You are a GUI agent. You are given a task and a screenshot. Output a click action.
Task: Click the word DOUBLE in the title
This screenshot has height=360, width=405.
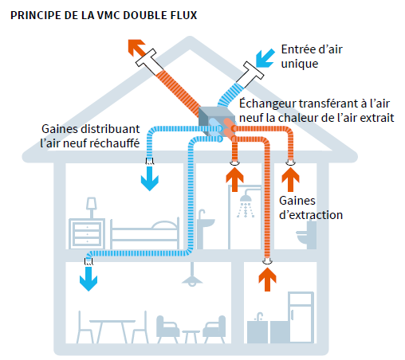[145, 15]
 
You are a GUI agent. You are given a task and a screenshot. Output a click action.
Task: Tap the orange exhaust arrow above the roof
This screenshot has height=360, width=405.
[136, 48]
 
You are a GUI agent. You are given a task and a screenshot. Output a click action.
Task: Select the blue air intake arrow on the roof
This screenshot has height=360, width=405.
[265, 58]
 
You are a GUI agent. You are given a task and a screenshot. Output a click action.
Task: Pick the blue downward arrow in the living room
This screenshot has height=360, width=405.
[88, 279]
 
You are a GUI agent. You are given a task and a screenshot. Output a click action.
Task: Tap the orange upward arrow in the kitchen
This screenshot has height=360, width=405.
[267, 280]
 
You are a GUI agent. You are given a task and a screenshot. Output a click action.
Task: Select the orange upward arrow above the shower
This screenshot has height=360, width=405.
[234, 180]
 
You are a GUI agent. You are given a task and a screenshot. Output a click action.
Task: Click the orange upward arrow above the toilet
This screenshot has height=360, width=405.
[290, 180]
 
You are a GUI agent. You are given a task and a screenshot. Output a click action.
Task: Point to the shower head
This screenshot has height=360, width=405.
[246, 197]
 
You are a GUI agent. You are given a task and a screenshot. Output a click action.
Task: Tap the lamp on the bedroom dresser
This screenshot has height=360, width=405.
[91, 208]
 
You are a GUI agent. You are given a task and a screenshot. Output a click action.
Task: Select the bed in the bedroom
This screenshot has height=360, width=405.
[144, 233]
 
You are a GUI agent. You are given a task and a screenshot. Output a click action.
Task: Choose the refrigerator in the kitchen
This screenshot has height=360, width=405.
[301, 317]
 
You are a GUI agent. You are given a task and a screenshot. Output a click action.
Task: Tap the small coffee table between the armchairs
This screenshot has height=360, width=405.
[191, 336]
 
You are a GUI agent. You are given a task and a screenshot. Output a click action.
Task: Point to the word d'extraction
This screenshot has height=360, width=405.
[311, 215]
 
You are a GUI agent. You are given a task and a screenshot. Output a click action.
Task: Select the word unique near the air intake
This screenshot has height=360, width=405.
[300, 64]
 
